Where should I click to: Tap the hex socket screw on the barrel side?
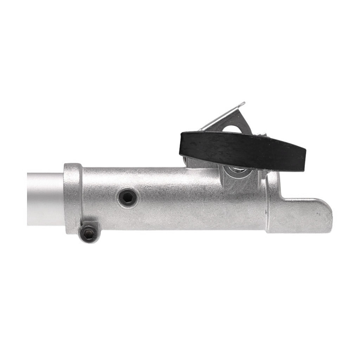tap(127, 197)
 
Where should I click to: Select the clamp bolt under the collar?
tap(89, 232)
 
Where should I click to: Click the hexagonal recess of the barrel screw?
tap(127, 197)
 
